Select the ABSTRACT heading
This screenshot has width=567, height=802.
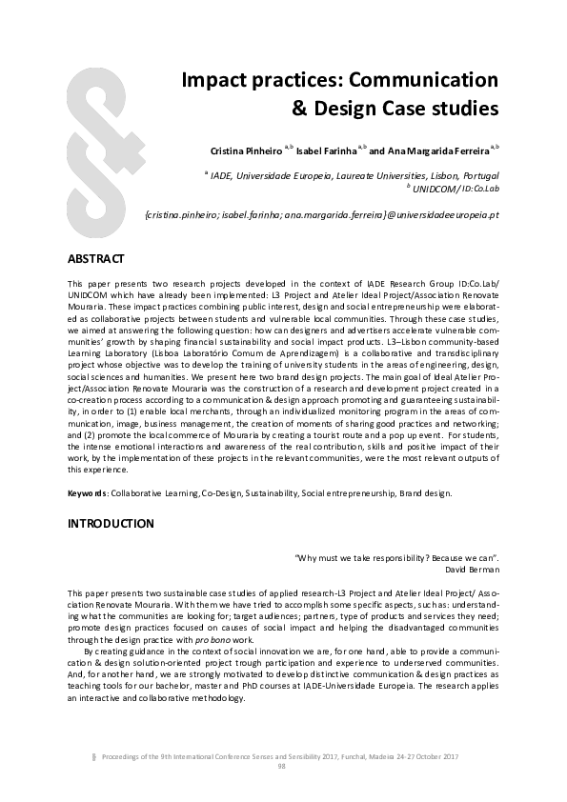click(x=96, y=259)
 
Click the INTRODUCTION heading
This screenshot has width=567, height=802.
click(x=110, y=524)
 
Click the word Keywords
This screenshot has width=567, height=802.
click(x=87, y=494)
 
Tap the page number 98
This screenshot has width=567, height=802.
click(x=282, y=765)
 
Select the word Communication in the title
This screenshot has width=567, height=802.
click(x=429, y=79)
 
